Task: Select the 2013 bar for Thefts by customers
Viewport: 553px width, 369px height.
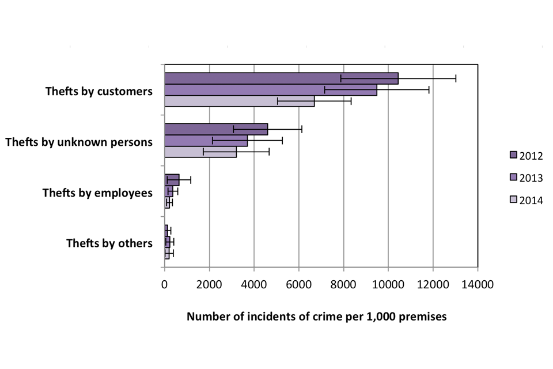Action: coord(271,90)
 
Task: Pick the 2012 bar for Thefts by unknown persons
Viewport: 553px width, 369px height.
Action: coord(216,129)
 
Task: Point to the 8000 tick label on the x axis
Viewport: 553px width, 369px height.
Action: coord(343,284)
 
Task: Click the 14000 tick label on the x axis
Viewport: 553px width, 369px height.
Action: coord(478,284)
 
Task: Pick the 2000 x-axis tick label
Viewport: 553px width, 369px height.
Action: coord(209,284)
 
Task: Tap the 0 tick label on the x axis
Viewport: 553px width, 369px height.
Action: coord(165,284)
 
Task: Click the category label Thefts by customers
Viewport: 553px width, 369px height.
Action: coord(99,91)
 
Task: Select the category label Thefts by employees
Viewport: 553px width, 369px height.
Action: coord(97,193)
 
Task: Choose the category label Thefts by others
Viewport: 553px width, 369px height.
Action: coord(109,243)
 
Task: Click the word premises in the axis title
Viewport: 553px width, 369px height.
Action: coord(424,317)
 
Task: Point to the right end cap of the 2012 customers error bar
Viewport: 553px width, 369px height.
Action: coord(456,78)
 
